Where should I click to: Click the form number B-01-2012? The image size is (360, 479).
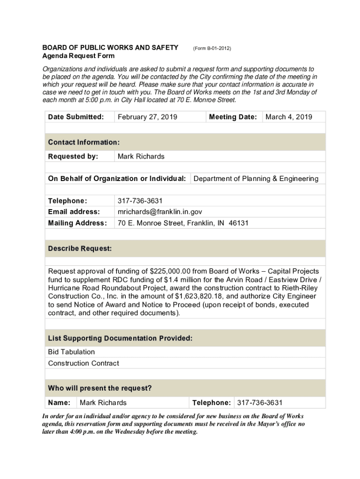pos(212,48)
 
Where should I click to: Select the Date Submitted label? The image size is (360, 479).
pos(76,117)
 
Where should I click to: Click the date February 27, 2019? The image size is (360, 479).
pos(147,117)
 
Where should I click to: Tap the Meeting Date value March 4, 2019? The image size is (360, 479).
pos(288,117)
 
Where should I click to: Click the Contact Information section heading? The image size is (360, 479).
pos(84,142)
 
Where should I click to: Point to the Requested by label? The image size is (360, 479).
pos(73,156)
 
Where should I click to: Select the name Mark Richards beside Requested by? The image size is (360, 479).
pos(141,156)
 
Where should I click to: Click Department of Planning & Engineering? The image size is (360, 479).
pos(256,179)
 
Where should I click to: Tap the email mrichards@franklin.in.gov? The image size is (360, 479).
pos(159,212)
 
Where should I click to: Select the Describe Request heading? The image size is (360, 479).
pos(79,249)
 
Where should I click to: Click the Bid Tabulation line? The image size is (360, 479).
pos(71,352)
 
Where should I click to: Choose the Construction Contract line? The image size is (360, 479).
pos(83,363)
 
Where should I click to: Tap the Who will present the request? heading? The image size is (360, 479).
pos(100,388)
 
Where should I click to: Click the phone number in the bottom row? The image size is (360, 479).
pos(259,403)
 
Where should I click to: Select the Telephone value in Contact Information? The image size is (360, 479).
pos(140,201)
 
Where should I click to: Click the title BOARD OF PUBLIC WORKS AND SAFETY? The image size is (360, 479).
pos(110,48)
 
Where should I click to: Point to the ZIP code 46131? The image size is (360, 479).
pos(238,223)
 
